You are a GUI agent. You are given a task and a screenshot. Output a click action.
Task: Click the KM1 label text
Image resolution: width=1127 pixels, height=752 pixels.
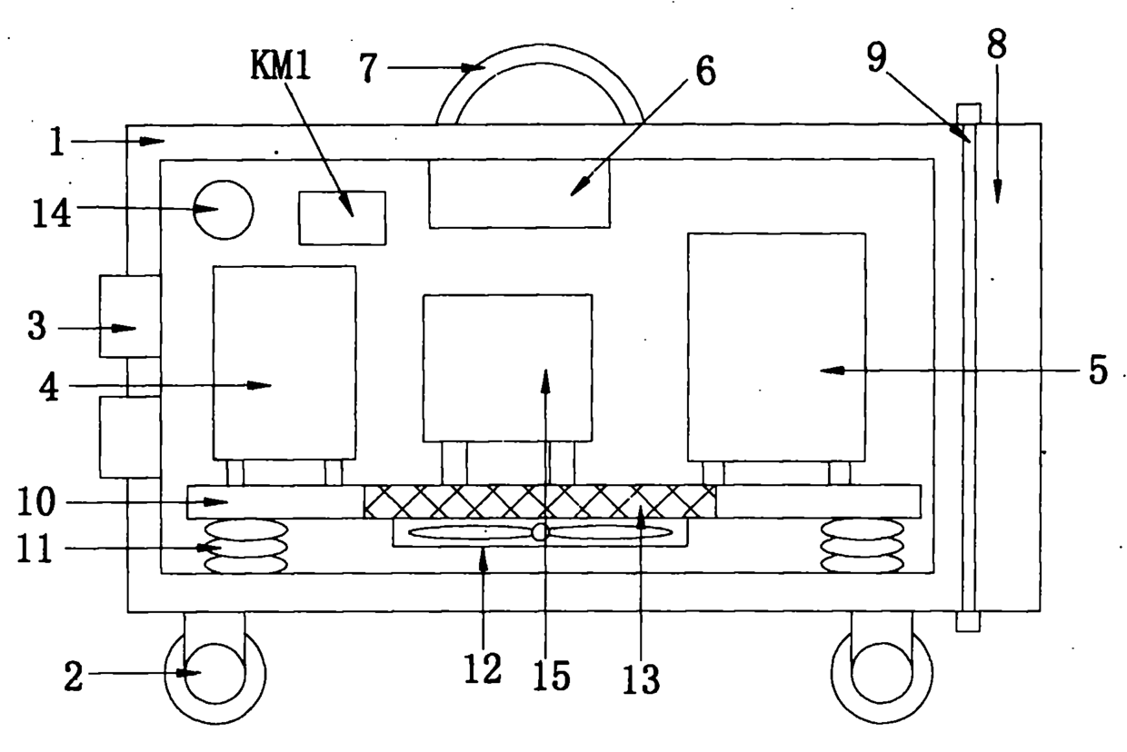[281, 66]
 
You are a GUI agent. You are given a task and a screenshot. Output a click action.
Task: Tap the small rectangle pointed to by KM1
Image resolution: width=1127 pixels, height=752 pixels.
[343, 218]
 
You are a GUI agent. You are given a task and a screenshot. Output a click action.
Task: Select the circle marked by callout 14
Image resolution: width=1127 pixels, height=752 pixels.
[224, 210]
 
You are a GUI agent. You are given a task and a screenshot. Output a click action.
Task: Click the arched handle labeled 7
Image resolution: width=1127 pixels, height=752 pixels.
[540, 54]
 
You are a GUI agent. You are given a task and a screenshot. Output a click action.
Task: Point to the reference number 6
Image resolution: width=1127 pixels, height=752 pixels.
[705, 72]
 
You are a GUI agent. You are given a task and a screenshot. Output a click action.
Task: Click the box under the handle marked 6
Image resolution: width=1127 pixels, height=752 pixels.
[520, 193]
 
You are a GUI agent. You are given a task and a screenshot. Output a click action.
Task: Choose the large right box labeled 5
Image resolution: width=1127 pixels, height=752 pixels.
[777, 347]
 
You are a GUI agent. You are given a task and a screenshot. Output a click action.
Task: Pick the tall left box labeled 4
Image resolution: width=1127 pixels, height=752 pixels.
[284, 362]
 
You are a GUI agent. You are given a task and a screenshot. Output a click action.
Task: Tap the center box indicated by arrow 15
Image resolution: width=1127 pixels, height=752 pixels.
[508, 369]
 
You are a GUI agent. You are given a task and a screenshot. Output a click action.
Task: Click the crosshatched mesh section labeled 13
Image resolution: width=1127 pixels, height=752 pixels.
[540, 501]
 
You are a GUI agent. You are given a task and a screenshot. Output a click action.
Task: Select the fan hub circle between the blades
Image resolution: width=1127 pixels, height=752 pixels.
[539, 532]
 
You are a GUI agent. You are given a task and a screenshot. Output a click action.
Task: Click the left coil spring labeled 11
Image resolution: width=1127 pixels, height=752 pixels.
[246, 547]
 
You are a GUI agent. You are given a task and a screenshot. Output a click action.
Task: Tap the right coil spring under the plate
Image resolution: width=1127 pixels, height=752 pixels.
[863, 546]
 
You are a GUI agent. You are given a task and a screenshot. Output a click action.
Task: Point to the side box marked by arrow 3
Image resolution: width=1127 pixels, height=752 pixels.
[130, 316]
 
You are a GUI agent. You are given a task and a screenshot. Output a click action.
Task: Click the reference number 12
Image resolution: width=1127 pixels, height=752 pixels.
[483, 668]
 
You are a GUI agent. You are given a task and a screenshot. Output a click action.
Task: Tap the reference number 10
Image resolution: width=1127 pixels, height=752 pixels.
[36, 501]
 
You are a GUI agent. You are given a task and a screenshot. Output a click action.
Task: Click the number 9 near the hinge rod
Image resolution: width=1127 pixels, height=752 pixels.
[876, 56]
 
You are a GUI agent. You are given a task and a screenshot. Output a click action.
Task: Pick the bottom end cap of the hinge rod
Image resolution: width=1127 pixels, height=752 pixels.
[968, 621]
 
